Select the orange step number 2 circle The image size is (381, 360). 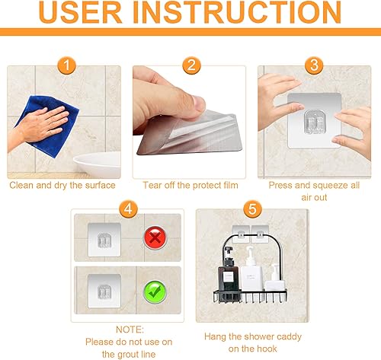click(x=190, y=66)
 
